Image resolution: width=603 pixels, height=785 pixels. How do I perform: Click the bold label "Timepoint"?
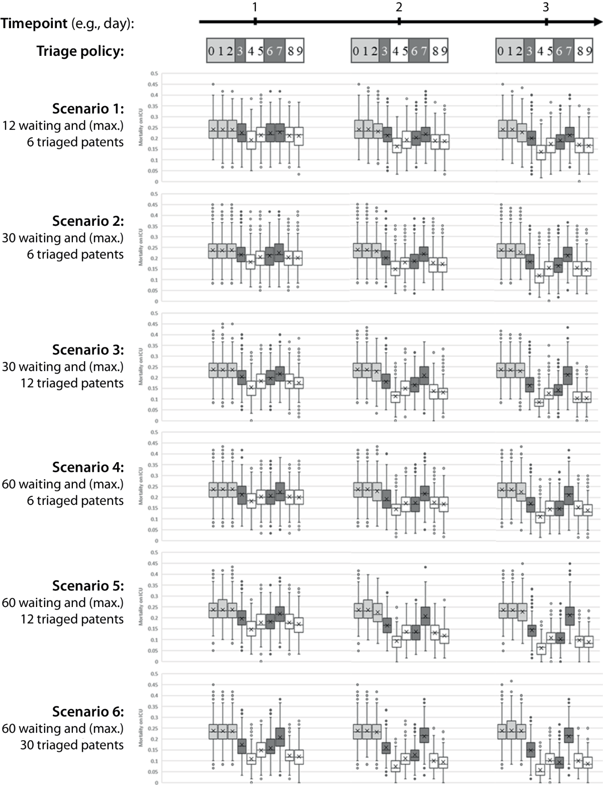[34, 24]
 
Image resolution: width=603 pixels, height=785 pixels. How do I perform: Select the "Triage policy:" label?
[80, 51]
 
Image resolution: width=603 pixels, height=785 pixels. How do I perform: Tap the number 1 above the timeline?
[255, 7]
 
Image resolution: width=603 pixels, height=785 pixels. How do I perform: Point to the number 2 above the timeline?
[399, 7]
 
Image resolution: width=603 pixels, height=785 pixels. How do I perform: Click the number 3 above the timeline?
[546, 7]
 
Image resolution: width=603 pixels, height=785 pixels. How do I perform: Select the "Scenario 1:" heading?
[88, 109]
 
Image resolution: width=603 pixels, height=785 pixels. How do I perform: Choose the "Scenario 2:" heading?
[88, 221]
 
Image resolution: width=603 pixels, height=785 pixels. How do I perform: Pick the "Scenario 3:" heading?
[88, 350]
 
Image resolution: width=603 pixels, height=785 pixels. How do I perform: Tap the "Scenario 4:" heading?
[88, 467]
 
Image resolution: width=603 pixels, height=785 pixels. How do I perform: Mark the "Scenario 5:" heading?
[88, 586]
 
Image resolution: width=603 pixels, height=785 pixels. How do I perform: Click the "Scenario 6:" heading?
[88, 712]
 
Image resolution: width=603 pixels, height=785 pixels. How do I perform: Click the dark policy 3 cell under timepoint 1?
[240, 51]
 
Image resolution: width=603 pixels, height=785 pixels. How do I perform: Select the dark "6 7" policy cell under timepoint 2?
[419, 51]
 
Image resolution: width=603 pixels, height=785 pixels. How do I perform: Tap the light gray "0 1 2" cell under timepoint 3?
[510, 51]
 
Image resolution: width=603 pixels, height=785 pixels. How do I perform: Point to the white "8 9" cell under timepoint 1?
[294, 51]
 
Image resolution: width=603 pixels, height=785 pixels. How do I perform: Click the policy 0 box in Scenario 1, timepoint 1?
[213, 129]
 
